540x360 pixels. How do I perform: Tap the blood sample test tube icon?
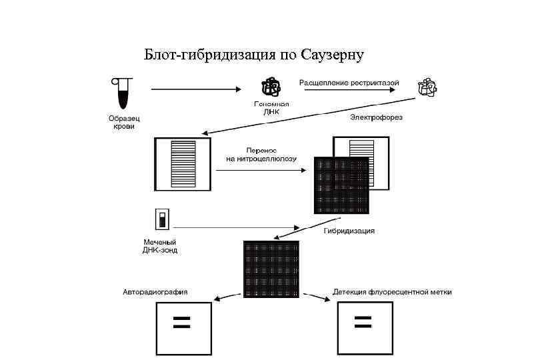pyautogui.click(x=121, y=93)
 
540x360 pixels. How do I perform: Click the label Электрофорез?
pyautogui.click(x=377, y=117)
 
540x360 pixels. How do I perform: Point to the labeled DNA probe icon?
pyautogui.click(x=161, y=219)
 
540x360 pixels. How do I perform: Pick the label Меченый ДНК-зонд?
pyautogui.click(x=160, y=245)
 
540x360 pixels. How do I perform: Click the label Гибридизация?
pyautogui.click(x=349, y=231)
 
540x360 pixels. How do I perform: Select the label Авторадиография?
pyautogui.click(x=155, y=292)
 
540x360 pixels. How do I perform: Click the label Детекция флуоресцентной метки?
pyautogui.click(x=392, y=292)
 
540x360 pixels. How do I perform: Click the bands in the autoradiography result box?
pyautogui.click(x=182, y=323)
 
